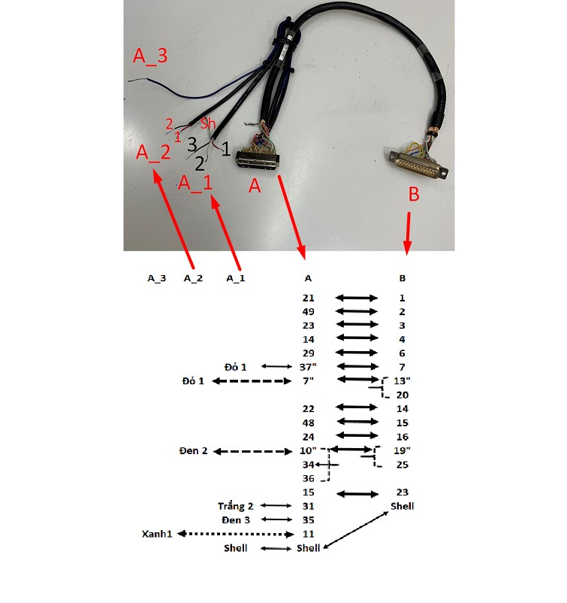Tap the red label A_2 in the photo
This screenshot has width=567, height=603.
(x=153, y=153)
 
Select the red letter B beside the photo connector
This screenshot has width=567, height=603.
(x=414, y=194)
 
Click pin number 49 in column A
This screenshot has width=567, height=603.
(x=308, y=312)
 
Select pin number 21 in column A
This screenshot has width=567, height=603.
(x=308, y=298)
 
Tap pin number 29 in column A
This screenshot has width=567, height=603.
(x=308, y=353)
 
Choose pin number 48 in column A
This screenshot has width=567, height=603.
(x=308, y=423)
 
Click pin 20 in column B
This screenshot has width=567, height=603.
(x=403, y=395)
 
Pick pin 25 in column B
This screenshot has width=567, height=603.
(x=403, y=465)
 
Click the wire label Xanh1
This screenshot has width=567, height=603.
(x=158, y=534)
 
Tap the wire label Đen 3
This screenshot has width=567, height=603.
(x=235, y=520)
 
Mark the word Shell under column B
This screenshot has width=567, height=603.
(x=402, y=506)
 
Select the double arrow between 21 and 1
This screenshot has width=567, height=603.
(x=357, y=298)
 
